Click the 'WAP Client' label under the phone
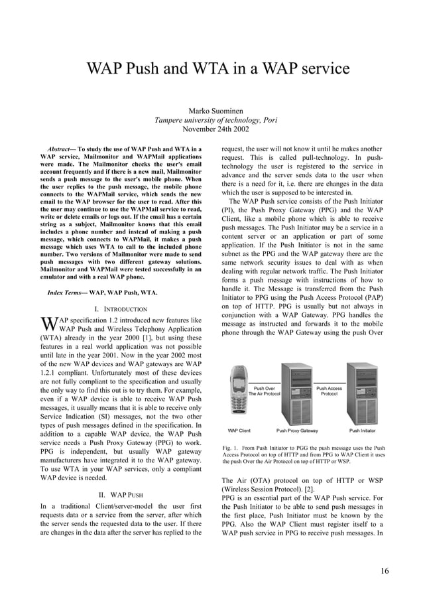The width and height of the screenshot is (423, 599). tap(239, 431)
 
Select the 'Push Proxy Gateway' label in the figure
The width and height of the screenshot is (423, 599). tap(297, 431)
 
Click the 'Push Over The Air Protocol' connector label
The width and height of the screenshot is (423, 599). tap(265, 391)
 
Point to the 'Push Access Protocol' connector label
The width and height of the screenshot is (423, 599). tap(330, 391)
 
